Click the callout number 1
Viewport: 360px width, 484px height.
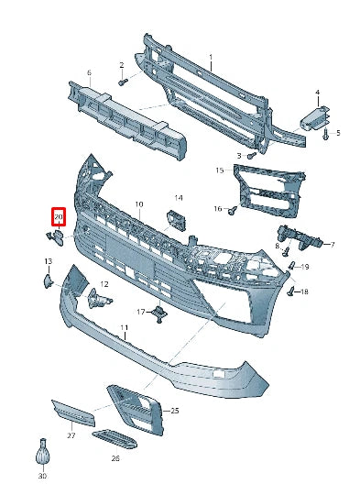tap(210, 57)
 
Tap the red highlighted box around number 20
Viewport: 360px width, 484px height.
tap(60, 217)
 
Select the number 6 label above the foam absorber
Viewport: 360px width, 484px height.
tap(89, 72)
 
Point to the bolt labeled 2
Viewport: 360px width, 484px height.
tap(121, 82)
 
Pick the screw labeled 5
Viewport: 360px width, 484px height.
tap(325, 134)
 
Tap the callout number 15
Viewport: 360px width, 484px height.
tap(220, 170)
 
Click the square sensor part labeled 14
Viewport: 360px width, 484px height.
tap(173, 219)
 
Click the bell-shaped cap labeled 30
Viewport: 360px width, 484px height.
tap(42, 455)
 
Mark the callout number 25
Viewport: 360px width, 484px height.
tap(174, 411)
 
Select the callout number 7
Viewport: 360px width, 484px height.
tap(333, 245)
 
